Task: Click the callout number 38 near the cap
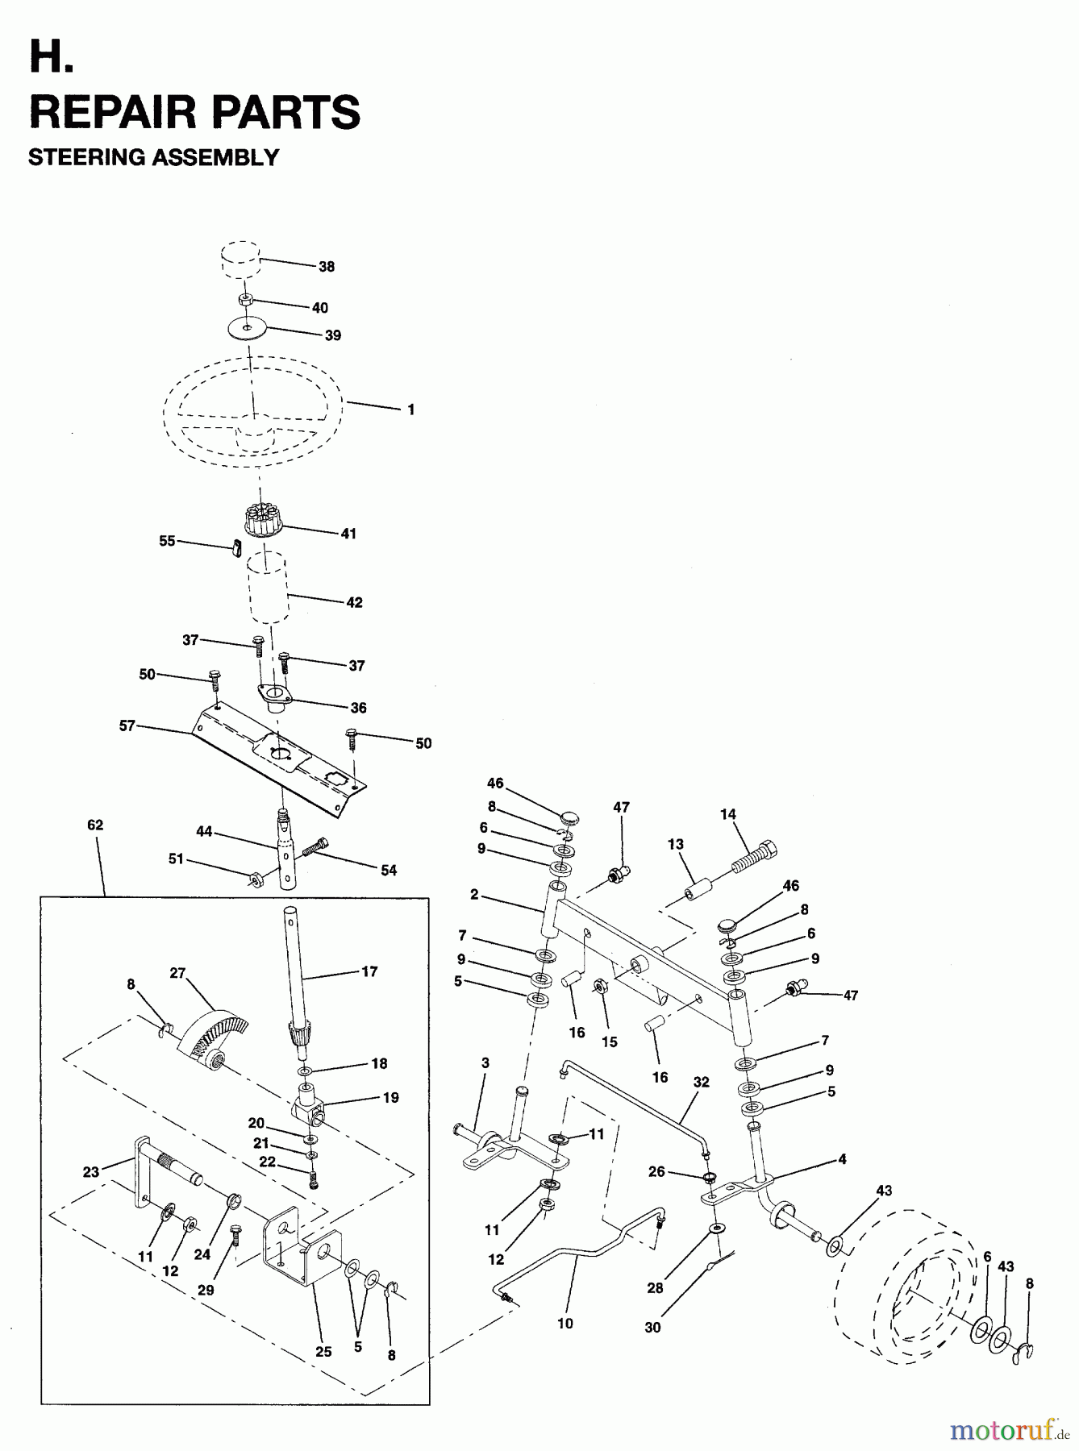[326, 267]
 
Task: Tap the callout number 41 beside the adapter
[348, 534]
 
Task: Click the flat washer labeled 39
[248, 329]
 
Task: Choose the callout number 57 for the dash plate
[127, 726]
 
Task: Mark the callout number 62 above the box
[95, 825]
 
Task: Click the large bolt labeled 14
[756, 857]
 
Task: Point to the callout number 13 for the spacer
[675, 844]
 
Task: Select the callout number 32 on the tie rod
[701, 1082]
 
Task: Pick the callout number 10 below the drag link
[564, 1323]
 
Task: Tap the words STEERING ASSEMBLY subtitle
[153, 156]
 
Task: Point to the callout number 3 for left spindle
[485, 1063]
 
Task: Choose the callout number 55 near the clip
[167, 541]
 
